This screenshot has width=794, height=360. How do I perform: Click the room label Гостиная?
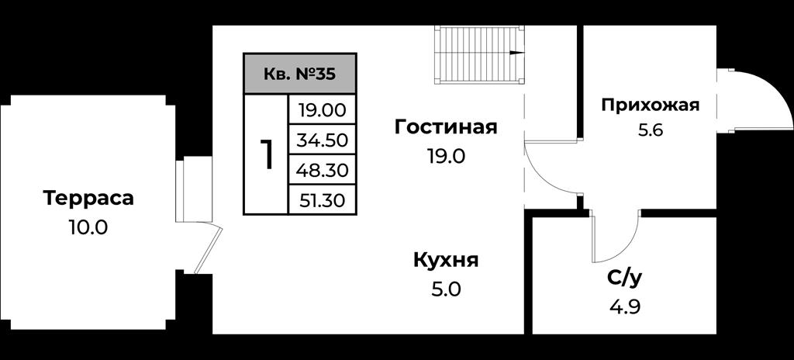coord(446,127)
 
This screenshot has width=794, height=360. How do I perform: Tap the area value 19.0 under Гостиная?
coord(446,156)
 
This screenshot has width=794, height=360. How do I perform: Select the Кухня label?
coord(446,261)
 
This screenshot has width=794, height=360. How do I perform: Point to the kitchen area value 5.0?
coord(446,290)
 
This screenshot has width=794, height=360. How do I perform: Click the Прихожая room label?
coord(651,106)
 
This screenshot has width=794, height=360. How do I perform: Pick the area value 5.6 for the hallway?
coord(651,131)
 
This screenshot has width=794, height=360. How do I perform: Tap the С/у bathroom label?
coord(627,278)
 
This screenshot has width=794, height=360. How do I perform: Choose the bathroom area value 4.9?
coord(627,306)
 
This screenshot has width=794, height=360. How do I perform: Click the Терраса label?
coord(88,199)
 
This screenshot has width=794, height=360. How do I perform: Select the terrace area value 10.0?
coord(88,227)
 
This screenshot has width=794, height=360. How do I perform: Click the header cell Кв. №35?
coord(300,74)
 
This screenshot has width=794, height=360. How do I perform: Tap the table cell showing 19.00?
coord(322,109)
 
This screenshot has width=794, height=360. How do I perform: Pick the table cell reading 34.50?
coord(322,140)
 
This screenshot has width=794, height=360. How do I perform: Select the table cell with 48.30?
coord(322,170)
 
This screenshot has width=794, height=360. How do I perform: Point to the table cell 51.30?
coord(322,200)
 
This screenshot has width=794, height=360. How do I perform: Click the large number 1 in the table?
coord(267,154)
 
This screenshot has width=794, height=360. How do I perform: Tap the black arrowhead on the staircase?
coord(516,52)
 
